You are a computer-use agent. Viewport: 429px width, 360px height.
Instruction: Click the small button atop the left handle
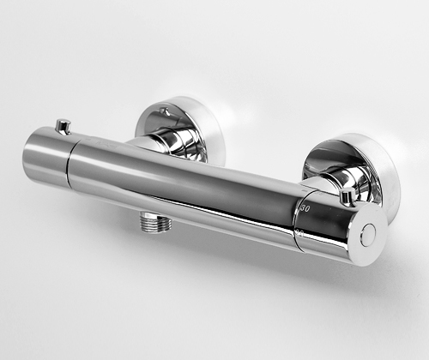click(x=61, y=126)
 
